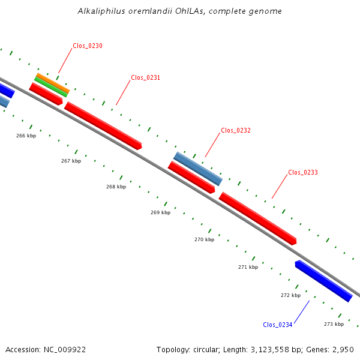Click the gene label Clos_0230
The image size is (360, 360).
(x=88, y=46)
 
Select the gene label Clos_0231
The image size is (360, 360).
(x=145, y=78)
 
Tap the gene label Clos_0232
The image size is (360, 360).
(x=236, y=131)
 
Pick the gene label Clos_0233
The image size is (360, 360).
(x=303, y=173)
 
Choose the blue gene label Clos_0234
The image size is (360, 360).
(x=278, y=325)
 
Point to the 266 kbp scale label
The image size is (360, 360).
(x=26, y=136)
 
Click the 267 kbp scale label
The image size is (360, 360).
(x=71, y=161)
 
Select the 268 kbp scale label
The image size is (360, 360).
(x=116, y=187)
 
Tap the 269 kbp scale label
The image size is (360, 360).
(x=160, y=212)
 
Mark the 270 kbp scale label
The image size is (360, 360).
(x=205, y=239)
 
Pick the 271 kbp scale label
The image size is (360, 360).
(x=248, y=267)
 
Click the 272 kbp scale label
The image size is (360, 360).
(x=290, y=295)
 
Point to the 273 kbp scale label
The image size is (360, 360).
(x=334, y=324)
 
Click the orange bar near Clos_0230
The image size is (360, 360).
(x=53, y=83)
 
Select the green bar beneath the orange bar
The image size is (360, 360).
(x=51, y=87)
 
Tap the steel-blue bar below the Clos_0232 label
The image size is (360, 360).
(x=198, y=169)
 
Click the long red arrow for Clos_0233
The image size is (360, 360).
(x=257, y=218)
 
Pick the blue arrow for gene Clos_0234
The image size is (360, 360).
(x=324, y=281)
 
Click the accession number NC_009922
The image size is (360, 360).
(x=65, y=350)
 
